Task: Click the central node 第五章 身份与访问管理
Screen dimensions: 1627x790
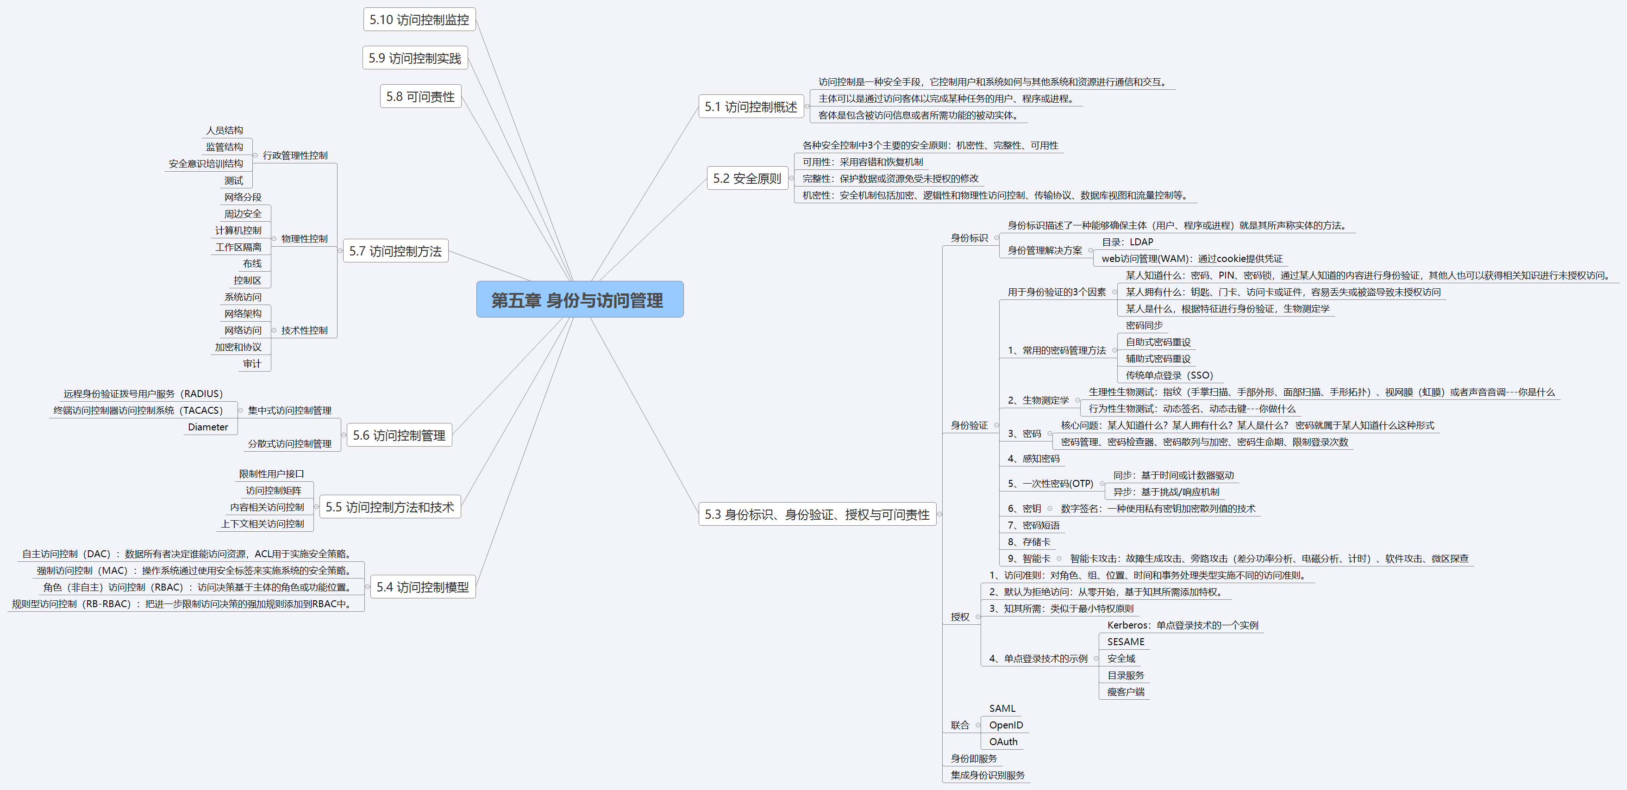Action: pyautogui.click(x=579, y=299)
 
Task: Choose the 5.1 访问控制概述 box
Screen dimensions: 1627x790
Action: pyautogui.click(x=751, y=107)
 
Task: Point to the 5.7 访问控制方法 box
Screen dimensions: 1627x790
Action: pyautogui.click(x=395, y=251)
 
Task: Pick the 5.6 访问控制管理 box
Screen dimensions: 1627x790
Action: pyautogui.click(x=399, y=435)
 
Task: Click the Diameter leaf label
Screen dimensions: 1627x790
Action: pyautogui.click(x=208, y=427)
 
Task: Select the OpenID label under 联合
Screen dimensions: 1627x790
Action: pyautogui.click(x=1006, y=725)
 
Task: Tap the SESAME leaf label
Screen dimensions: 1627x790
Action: pyautogui.click(x=1126, y=641)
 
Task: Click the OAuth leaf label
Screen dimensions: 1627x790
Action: pyautogui.click(x=1003, y=741)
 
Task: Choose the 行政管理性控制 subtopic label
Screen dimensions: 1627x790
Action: pyautogui.click(x=295, y=156)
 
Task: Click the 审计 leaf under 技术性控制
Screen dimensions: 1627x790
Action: pyautogui.click(x=251, y=364)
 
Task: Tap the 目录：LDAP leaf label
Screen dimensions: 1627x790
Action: pyautogui.click(x=1127, y=242)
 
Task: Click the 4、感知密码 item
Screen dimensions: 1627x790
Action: pyautogui.click(x=1033, y=459)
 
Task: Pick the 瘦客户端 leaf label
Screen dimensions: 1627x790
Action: pyautogui.click(x=1126, y=691)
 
